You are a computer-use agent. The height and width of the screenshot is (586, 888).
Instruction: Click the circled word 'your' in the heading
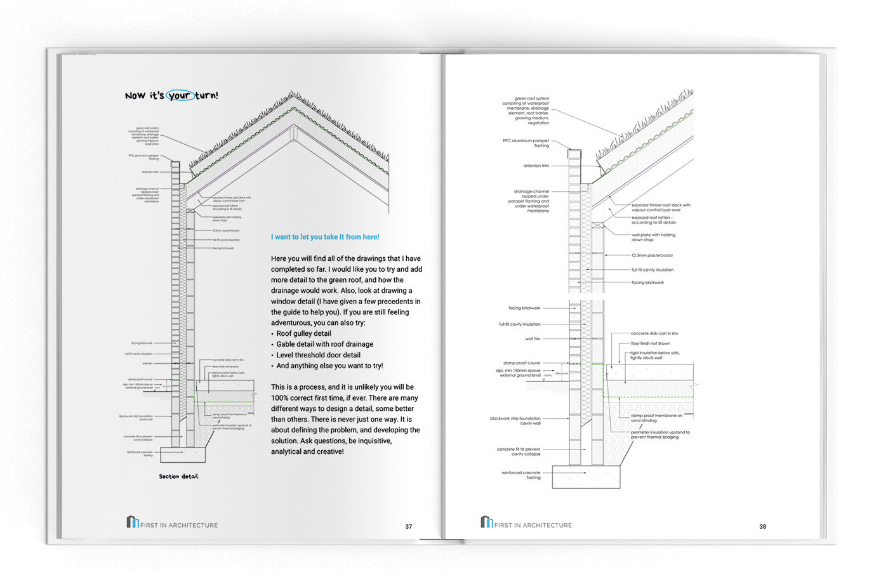click(180, 96)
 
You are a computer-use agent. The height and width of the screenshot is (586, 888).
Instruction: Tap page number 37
click(409, 526)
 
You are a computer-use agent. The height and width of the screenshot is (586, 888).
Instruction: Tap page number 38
click(762, 526)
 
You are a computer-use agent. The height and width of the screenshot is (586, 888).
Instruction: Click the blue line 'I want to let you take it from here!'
click(325, 237)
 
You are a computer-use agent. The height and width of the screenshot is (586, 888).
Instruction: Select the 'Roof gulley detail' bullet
click(303, 333)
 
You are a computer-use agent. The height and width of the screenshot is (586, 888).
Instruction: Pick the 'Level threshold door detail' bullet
click(318, 355)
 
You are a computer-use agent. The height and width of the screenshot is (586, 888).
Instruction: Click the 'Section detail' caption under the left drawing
click(178, 476)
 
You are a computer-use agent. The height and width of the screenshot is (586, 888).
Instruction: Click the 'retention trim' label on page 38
click(536, 166)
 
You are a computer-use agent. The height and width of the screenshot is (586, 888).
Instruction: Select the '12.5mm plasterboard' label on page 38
click(652, 255)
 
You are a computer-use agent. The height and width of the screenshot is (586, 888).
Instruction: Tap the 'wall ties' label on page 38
click(533, 339)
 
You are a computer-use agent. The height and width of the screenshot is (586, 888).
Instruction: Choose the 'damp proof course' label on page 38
click(522, 363)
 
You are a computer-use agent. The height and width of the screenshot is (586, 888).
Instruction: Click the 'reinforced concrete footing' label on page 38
click(521, 475)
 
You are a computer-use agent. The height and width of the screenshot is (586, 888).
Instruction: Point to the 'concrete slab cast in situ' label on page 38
click(654, 333)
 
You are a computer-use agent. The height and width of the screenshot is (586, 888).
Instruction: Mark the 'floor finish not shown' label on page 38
click(650, 343)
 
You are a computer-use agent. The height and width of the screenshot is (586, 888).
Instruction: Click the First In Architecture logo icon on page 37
click(132, 522)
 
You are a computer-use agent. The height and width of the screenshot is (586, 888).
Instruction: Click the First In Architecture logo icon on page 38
click(486, 522)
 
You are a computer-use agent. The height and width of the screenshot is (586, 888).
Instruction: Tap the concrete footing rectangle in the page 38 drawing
click(586, 477)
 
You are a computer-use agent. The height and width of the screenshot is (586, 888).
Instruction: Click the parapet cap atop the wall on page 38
click(574, 154)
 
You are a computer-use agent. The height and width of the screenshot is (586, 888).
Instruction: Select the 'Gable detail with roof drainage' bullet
click(324, 344)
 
